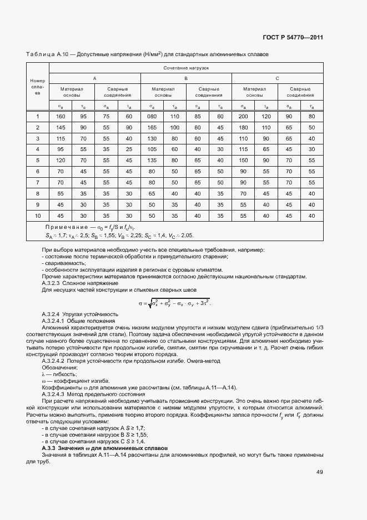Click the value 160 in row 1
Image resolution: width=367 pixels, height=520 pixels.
(61, 116)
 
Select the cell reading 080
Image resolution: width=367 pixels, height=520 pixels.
(152, 116)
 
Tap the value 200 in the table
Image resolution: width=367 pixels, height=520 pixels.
(243, 116)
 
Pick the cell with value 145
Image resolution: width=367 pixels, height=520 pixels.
(61, 127)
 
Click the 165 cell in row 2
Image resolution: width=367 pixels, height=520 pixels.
(152, 127)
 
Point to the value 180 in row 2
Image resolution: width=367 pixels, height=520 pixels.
(243, 127)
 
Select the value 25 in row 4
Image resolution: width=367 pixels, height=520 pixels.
(129, 149)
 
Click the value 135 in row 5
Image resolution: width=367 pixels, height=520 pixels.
(152, 161)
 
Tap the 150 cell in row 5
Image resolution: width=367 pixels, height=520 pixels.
(243, 161)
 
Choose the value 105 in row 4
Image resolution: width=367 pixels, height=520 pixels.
(152, 149)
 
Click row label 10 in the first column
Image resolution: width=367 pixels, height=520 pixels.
(38, 216)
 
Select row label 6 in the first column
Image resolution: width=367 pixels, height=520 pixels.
(38, 172)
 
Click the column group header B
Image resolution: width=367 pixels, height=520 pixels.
(186, 78)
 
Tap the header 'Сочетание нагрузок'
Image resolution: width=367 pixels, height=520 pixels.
(186, 67)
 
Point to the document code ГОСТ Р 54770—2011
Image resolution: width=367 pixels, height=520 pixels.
(292, 38)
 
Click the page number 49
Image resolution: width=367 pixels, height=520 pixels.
(320, 472)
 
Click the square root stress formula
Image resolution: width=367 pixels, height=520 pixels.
(175, 303)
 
